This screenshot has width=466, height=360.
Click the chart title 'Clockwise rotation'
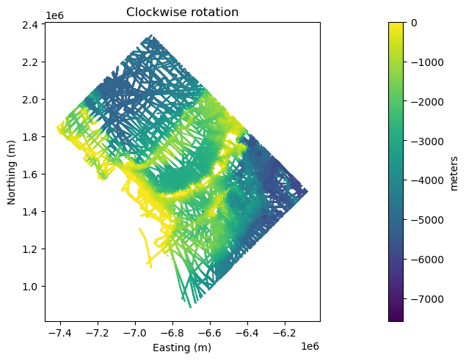(x=182, y=12)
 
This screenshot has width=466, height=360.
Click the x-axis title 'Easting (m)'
(x=182, y=348)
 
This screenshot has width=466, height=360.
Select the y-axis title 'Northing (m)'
(x=11, y=172)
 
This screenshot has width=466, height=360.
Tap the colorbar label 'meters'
(x=454, y=174)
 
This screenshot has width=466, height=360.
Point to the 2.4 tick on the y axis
(x=30, y=25)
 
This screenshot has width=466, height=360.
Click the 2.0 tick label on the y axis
(x=30, y=100)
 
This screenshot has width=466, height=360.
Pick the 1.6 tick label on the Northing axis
(x=30, y=174)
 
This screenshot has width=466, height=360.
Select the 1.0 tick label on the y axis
(x=30, y=287)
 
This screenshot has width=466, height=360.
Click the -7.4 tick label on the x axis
(x=61, y=334)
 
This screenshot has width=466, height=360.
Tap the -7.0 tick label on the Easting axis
(x=135, y=334)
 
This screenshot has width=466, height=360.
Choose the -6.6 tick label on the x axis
(x=210, y=334)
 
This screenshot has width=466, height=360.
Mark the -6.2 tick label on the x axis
(x=285, y=334)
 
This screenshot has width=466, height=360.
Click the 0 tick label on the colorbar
(x=414, y=23)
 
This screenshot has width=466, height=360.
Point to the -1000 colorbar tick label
(x=427, y=62)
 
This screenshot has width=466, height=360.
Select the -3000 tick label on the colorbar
(x=427, y=141)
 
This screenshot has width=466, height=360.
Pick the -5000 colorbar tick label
(x=427, y=220)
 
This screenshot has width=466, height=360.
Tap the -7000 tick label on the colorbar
(x=427, y=299)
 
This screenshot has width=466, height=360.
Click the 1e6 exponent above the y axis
(x=55, y=15)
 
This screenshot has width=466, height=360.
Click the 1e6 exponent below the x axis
(x=310, y=346)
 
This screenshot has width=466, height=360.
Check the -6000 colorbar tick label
(x=427, y=260)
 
